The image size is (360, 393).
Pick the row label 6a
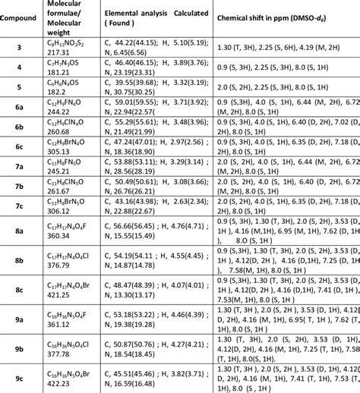(x=20, y=111)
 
